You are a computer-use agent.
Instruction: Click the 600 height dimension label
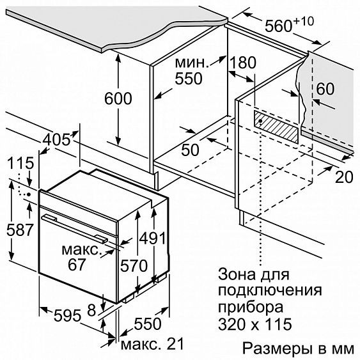click(x=118, y=99)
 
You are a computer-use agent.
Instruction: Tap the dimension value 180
click(x=242, y=63)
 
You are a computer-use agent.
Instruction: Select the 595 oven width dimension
click(x=67, y=315)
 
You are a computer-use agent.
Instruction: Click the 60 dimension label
click(x=325, y=90)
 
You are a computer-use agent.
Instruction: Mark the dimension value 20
click(x=344, y=177)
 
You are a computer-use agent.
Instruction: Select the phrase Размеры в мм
click(x=298, y=348)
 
